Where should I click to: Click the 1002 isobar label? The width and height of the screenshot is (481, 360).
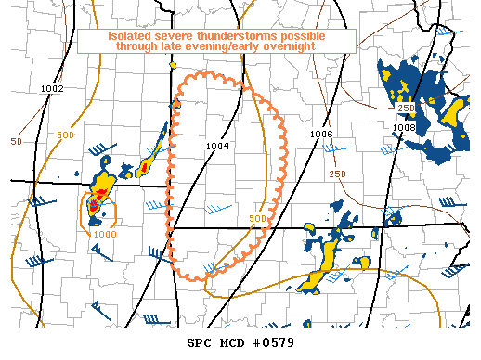pos(52,89)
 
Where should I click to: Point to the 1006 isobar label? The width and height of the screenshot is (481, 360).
pos(321,135)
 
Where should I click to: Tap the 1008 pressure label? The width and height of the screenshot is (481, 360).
pos(403,128)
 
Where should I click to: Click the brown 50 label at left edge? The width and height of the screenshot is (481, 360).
pos(16,142)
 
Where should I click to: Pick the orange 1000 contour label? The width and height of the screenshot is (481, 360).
pos(105,235)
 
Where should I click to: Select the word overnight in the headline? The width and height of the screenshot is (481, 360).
pos(311,46)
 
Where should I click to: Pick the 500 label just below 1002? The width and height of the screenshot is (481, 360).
pos(67,109)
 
